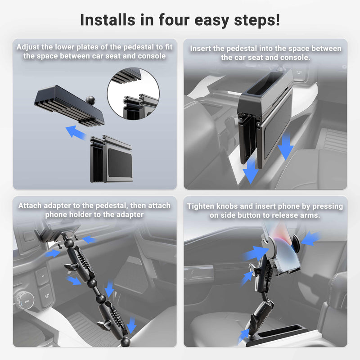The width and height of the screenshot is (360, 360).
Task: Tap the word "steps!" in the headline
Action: (x=257, y=20)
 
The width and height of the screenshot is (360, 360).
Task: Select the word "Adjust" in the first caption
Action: (x=30, y=47)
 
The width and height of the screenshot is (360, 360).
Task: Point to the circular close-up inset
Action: (x=133, y=92)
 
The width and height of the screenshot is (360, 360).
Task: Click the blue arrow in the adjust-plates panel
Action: (x=77, y=132)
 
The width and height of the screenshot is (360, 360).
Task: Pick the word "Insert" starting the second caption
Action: (x=202, y=49)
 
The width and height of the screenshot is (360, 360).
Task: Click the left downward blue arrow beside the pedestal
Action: (x=251, y=171)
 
